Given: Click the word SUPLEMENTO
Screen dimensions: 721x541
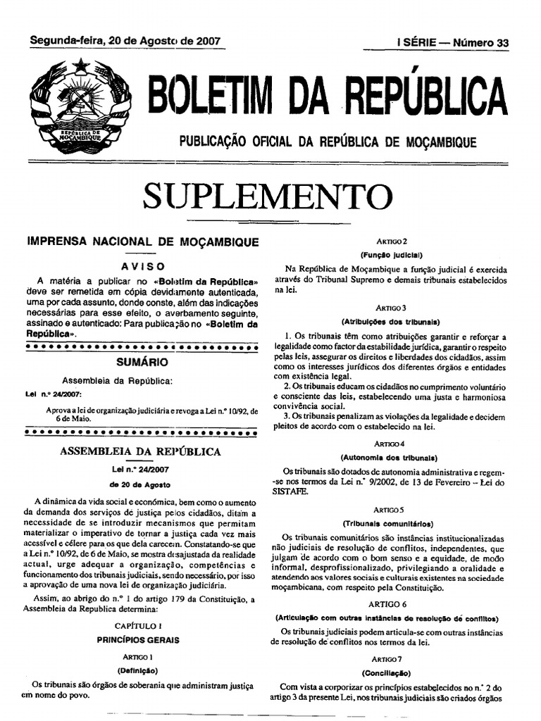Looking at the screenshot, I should (x=267, y=196).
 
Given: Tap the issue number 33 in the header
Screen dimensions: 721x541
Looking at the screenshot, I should (x=502, y=43).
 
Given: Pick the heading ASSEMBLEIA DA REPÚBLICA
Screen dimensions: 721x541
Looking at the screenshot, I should (x=140, y=451).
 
